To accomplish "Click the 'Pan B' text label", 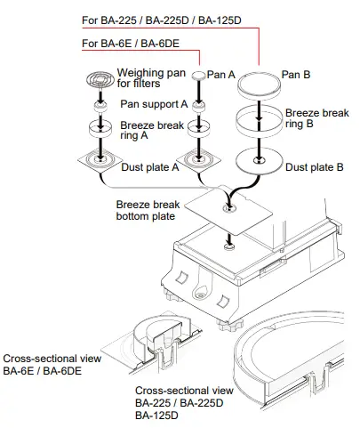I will pyautogui.click(x=295, y=75).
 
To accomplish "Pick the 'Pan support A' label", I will pyautogui.click(x=154, y=104).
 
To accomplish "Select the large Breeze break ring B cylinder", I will pyautogui.click(x=260, y=124).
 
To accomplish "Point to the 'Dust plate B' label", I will pyautogui.click(x=316, y=166).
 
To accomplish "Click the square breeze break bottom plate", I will pyautogui.click(x=233, y=206).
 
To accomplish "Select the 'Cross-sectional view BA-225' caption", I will pyautogui.click(x=186, y=402).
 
